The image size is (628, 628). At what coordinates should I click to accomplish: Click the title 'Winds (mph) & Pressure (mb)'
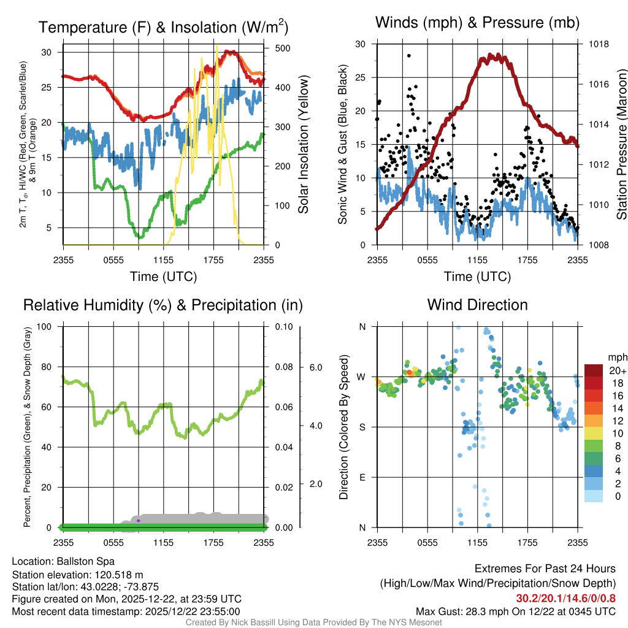pos(477,23)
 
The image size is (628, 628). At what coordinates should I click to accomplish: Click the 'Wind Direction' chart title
pos(477,305)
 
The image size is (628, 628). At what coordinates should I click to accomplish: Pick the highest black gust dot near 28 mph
pos(409,55)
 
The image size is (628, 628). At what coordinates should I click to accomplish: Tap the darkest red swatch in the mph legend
pos(594,370)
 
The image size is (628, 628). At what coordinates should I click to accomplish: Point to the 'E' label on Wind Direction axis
pos(362,477)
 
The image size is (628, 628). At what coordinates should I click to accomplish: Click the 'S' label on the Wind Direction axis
pos(362,427)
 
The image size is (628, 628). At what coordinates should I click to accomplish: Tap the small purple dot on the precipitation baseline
pos(139,521)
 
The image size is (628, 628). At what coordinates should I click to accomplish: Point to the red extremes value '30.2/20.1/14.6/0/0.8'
pos(565,599)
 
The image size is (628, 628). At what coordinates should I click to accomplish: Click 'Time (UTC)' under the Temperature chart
pos(163,277)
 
